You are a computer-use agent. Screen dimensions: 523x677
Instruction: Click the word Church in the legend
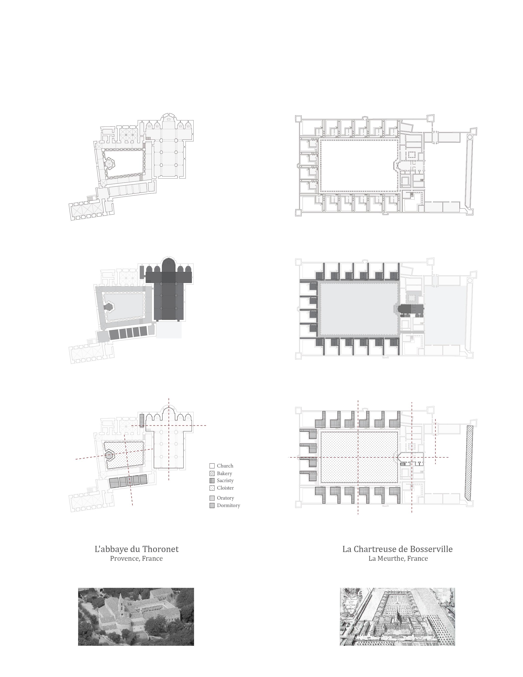225,466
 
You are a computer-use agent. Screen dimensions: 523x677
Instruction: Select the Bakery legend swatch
212,473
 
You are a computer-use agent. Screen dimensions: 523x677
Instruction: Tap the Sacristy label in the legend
225,481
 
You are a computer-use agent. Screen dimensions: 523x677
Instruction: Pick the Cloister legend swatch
212,488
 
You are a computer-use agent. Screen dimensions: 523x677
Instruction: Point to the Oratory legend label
225,498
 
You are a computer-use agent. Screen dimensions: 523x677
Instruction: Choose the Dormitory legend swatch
212,505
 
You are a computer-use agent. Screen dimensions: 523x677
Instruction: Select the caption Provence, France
136,559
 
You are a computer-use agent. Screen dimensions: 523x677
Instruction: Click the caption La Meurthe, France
398,559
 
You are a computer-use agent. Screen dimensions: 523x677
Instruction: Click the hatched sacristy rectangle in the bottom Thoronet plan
142,421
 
